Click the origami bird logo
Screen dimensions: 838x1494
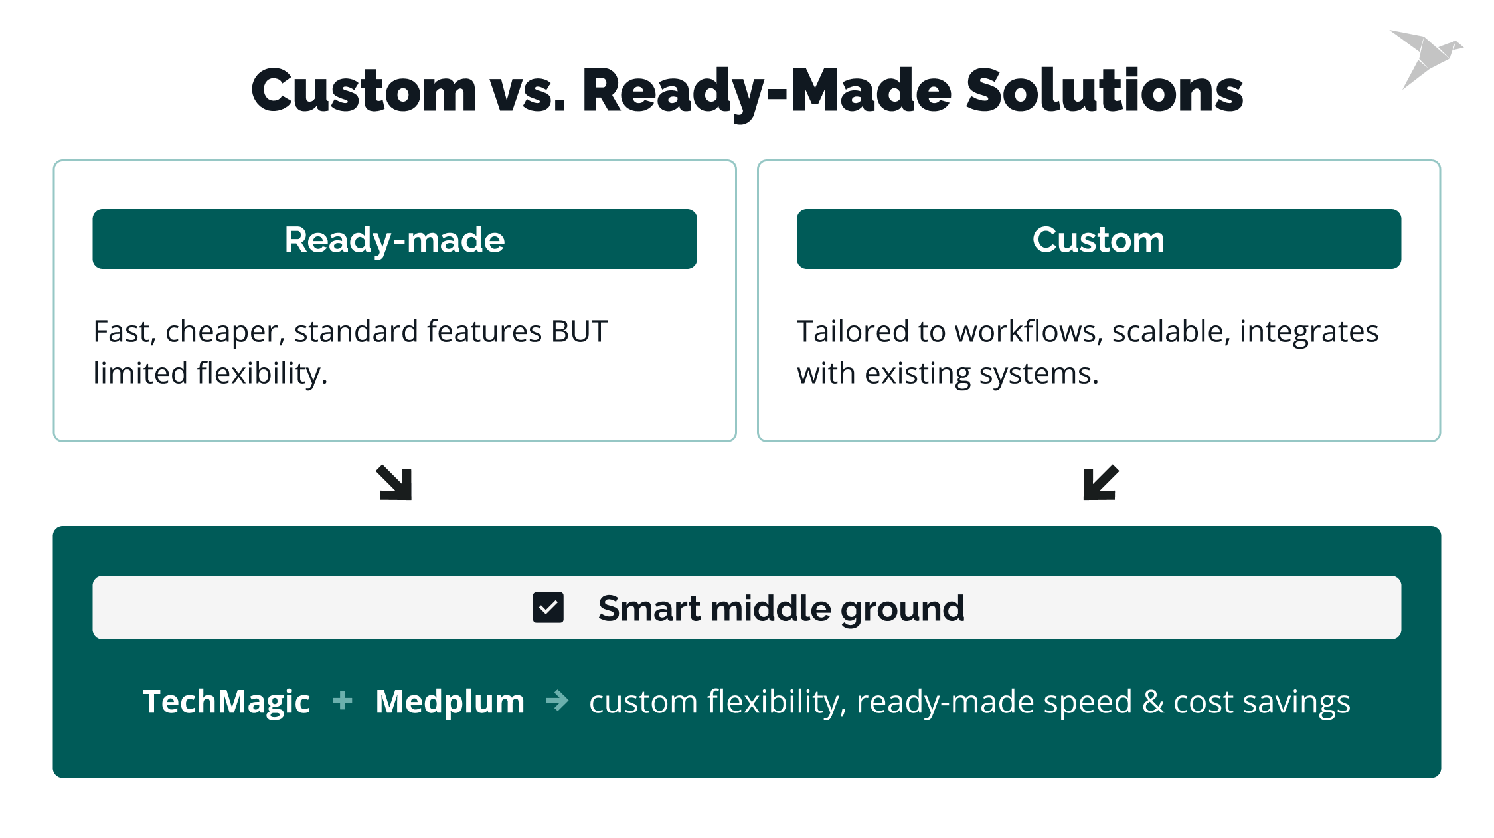pos(1426,57)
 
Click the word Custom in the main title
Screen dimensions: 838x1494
pos(364,91)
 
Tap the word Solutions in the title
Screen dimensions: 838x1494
pos(1104,91)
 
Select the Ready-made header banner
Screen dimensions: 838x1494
pos(394,240)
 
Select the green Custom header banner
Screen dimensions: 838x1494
pos(1098,240)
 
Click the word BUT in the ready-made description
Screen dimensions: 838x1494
pos(579,331)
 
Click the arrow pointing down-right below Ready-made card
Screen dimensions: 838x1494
pos(394,483)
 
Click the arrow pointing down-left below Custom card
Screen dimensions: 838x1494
pos(1100,483)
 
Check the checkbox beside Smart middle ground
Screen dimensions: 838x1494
pos(548,608)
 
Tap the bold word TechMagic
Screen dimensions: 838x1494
pos(226,702)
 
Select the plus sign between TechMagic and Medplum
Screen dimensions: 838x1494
pos(343,701)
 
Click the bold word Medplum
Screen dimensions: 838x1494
pos(450,702)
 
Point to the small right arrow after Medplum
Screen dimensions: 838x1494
pos(557,701)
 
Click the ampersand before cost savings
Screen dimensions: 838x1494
pos(1153,702)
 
